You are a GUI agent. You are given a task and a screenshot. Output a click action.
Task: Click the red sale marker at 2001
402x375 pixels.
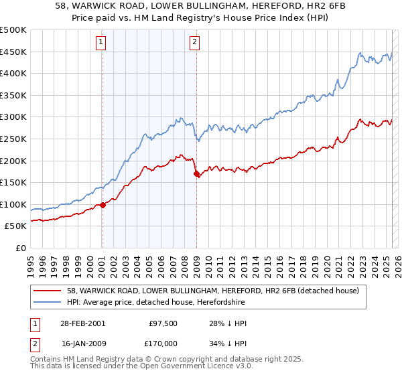pos(103,206)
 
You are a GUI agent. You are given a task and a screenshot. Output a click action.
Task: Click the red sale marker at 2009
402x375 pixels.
pos(196,174)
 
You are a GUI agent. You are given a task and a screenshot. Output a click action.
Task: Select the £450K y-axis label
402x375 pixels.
pos(13,52)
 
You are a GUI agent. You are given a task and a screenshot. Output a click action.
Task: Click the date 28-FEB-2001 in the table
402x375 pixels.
pos(82,323)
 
